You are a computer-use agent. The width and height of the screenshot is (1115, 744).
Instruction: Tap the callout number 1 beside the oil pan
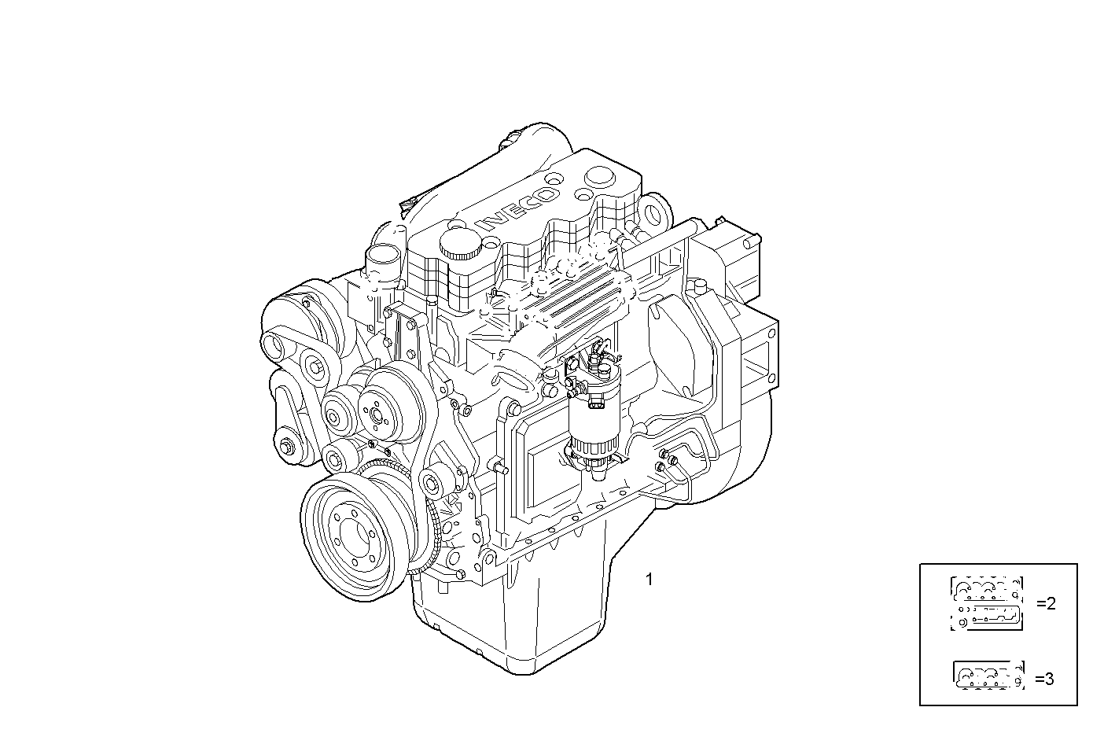coord(649,580)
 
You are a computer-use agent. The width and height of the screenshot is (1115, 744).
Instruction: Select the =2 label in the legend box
coord(1045,604)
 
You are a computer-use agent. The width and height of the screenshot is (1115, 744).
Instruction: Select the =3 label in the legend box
coord(1044,679)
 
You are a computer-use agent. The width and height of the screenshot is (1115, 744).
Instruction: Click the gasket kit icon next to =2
coord(987,604)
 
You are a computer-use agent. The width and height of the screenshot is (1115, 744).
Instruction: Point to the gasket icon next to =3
coord(988,676)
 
